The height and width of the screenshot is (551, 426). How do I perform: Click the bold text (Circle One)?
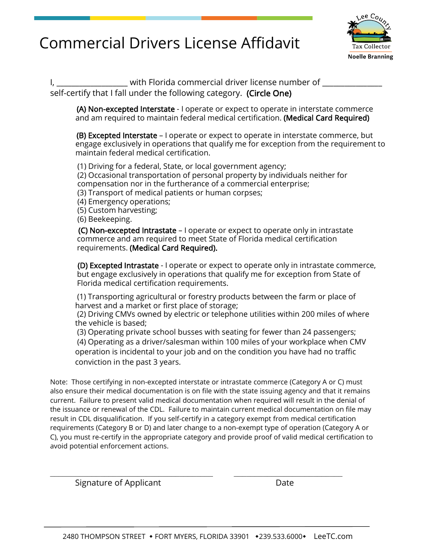269,94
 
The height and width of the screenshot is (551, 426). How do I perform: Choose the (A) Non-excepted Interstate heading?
126,109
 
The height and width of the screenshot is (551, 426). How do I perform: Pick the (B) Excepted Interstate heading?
117,136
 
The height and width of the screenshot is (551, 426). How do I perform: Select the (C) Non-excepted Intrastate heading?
127,231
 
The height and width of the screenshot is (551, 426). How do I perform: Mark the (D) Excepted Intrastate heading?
118,266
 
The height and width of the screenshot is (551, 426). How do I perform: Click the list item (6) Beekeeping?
104,220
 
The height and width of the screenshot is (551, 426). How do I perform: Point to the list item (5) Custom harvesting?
117,211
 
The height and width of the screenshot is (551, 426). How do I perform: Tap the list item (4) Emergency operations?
124,202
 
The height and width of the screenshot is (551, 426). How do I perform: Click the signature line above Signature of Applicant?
131,476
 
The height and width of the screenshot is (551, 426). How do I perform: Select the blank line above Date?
288,476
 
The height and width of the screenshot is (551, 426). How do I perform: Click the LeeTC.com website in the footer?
333,536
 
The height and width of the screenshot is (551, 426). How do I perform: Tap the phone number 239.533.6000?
281,537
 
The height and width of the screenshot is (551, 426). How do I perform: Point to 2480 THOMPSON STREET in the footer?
104,537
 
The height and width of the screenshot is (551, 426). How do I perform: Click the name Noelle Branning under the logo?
370,57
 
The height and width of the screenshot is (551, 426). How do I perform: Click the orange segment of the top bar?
229,18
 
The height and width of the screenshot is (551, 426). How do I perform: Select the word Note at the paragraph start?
58,382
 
